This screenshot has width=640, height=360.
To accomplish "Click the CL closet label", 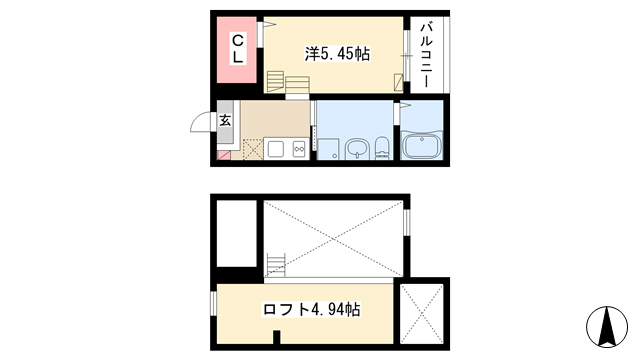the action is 238,49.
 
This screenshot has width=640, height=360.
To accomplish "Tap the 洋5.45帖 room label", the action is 337,54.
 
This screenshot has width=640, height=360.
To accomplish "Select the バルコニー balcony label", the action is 426,55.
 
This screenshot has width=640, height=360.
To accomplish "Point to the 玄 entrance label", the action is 225,120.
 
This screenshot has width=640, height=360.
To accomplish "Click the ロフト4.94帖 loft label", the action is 311,309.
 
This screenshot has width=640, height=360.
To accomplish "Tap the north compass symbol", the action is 607,327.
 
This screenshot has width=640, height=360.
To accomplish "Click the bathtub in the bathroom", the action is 422,144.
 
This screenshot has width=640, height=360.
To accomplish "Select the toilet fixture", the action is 382,148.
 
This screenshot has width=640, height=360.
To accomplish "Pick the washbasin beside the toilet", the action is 358,149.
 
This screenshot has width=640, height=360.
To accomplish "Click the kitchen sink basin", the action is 276,149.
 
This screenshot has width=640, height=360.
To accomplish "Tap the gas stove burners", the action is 299,149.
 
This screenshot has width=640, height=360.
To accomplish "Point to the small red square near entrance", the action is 224,156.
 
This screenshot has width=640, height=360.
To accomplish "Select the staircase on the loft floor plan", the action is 276,265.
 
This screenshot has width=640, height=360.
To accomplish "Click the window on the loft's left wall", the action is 213,303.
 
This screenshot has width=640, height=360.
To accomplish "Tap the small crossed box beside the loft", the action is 422,313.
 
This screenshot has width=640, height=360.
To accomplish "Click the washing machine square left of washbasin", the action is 328,149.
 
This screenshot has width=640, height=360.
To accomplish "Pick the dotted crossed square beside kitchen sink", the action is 253,149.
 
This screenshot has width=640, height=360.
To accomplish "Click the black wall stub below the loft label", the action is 277,337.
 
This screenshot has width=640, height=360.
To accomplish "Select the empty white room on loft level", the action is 237,233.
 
